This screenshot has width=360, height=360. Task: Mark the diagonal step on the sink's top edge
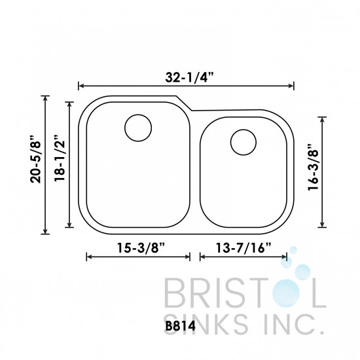(x=183, y=103)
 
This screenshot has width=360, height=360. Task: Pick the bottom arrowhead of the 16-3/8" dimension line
(x=323, y=225)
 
